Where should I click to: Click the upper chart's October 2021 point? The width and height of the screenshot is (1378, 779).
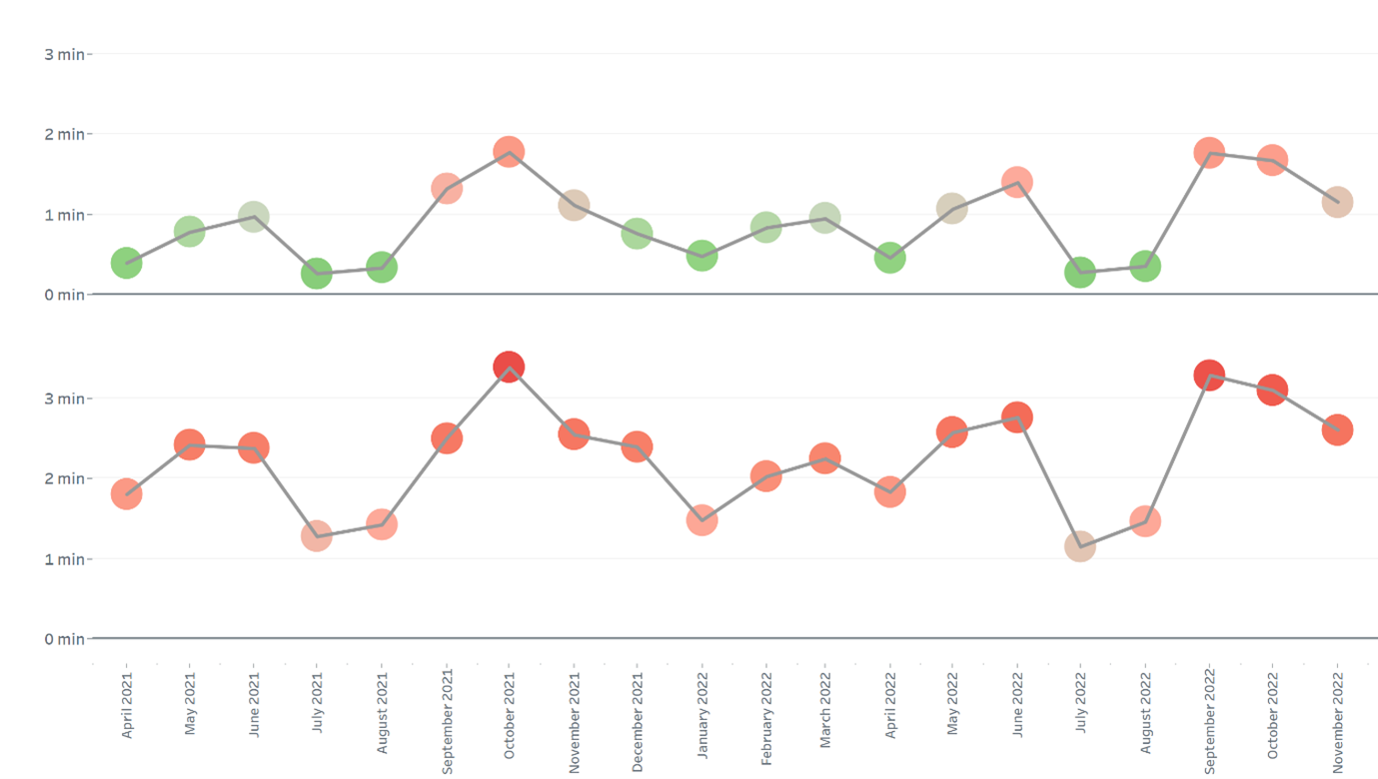click(509, 153)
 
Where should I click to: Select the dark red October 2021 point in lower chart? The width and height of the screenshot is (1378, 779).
click(509, 367)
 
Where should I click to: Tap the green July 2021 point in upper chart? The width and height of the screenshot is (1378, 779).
click(317, 274)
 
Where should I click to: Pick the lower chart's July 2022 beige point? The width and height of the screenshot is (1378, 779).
click(1080, 546)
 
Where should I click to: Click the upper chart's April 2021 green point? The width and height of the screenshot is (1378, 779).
click(126, 263)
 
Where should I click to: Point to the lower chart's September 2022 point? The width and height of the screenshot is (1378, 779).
click(1209, 376)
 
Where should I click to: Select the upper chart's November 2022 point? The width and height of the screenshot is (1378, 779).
click(1337, 202)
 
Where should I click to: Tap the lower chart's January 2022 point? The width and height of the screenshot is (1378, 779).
click(701, 519)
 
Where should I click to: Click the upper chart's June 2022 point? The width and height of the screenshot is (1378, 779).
click(1016, 183)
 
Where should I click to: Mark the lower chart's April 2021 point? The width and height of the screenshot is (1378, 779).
click(126, 493)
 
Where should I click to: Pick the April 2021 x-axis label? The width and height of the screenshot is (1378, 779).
click(127, 704)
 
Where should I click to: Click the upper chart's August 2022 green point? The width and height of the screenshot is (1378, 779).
click(1145, 267)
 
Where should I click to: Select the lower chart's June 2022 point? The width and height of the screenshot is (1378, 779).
click(1016, 416)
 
